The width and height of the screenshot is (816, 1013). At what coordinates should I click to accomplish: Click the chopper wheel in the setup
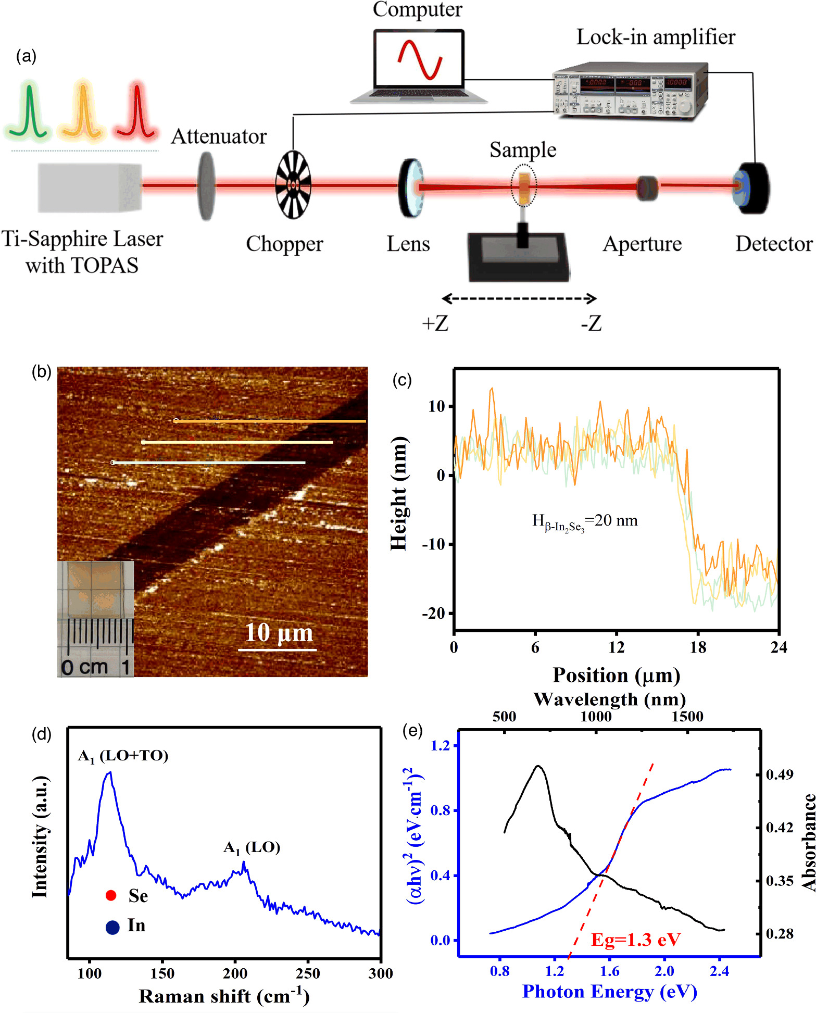point(293,184)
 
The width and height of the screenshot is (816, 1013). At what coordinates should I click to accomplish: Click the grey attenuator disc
point(206,185)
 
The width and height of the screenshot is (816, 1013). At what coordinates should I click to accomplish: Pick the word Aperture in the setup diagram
point(642,244)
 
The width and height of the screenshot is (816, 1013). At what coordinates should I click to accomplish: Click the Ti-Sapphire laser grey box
point(90,187)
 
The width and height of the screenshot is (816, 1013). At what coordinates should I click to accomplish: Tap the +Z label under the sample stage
point(435,323)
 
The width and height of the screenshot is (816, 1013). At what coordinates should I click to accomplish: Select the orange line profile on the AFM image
point(270,421)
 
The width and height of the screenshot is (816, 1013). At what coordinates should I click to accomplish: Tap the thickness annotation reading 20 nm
point(585,521)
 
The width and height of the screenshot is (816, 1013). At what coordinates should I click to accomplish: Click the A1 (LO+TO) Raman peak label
point(123,756)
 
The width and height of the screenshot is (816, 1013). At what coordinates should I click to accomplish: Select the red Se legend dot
point(110,895)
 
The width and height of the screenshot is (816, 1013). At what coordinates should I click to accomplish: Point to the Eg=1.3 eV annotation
point(636,940)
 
